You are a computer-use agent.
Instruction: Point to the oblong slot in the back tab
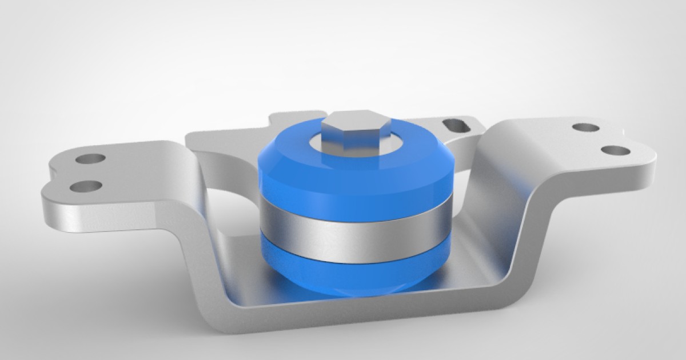pyautogui.click(x=456, y=123)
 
